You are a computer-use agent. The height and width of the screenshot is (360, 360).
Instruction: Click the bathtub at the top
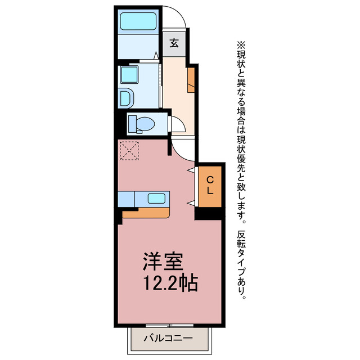pos(139,22)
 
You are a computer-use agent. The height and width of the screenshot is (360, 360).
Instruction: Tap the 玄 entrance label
pos(174,43)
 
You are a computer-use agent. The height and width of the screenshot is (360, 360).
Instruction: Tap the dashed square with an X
pos(129,150)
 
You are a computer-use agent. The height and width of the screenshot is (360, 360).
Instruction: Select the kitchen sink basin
pos(157,198)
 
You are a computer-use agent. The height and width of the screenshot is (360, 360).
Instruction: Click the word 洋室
pos(163,261)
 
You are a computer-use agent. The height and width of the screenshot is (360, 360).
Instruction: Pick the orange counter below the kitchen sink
pos(146,213)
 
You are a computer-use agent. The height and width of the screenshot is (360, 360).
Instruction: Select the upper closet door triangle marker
pos(192,170)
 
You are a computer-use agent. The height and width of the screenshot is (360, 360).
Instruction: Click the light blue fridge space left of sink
pos(126,199)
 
